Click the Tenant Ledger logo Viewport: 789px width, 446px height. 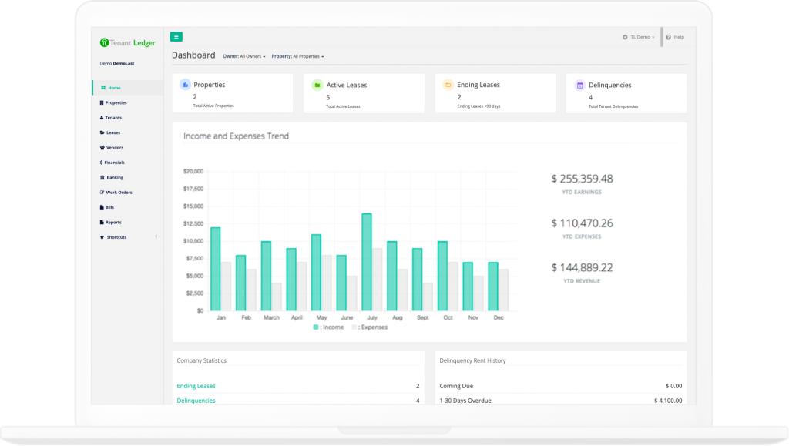pos(127,43)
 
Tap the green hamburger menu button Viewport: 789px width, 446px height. pos(176,36)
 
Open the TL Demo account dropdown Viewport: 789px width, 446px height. pos(639,37)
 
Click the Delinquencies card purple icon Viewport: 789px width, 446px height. pos(579,85)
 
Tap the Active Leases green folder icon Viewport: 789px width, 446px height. pos(317,85)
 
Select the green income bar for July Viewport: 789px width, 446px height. pos(367,262)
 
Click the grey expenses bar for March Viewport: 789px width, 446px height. pos(277,297)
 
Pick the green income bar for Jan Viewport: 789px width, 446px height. pos(216,269)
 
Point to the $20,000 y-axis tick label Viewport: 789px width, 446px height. pos(193,171)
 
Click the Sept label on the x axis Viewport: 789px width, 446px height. pos(421,317)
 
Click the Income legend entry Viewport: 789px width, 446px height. pos(329,327)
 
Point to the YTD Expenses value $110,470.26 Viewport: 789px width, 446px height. pos(582,223)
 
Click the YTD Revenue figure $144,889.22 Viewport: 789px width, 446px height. pos(582,268)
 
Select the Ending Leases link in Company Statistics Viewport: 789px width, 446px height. pos(196,386)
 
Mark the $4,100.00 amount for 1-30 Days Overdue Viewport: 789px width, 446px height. pos(667,401)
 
